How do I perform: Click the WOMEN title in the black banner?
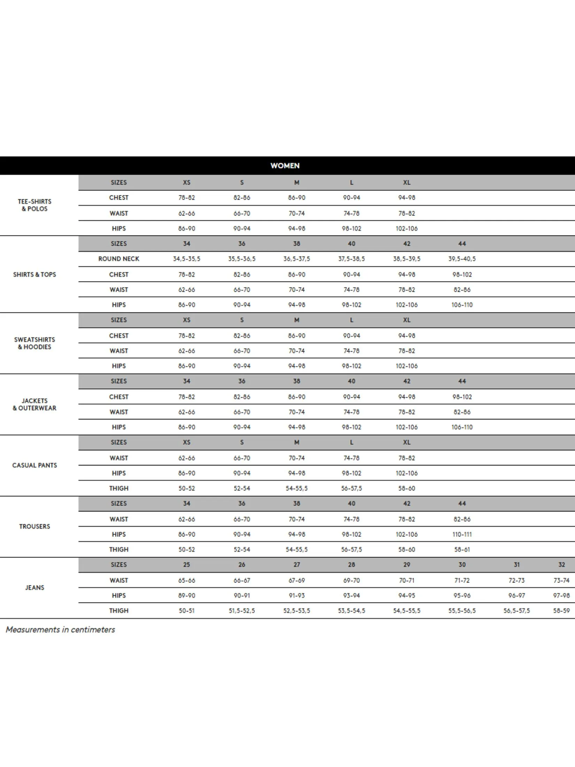click(285, 166)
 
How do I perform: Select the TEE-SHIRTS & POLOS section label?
click(34, 205)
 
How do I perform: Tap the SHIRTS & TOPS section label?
click(34, 275)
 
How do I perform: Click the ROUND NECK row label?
click(118, 259)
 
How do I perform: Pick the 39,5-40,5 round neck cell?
click(462, 259)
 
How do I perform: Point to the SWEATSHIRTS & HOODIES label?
click(34, 343)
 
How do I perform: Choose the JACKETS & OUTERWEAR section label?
click(34, 405)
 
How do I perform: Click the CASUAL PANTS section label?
click(34, 465)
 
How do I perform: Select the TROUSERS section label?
click(34, 526)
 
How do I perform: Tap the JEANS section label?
click(34, 588)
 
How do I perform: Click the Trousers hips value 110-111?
click(462, 534)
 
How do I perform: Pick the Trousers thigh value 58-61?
click(462, 550)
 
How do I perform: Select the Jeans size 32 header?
click(561, 565)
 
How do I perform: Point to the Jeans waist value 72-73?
click(516, 580)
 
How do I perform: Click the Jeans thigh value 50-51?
click(186, 611)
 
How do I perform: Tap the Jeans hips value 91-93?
click(297, 596)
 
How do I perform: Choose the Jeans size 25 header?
click(186, 565)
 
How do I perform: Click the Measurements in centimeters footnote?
click(60, 630)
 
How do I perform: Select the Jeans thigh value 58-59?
click(561, 611)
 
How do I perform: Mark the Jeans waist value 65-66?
click(186, 580)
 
